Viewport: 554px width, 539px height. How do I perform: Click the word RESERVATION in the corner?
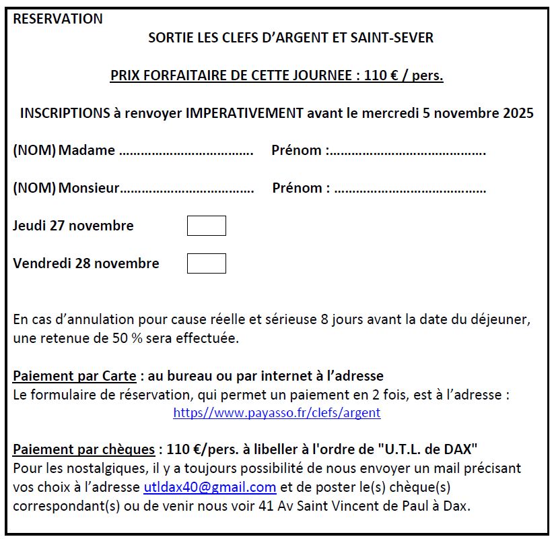(58, 19)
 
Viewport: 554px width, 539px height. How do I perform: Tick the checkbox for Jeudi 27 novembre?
(206, 226)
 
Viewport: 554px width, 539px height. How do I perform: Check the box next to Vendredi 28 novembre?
(206, 263)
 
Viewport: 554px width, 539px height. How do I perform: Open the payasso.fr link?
(277, 412)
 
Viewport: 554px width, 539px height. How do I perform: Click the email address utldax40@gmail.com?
(210, 487)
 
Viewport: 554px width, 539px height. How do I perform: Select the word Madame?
(87, 150)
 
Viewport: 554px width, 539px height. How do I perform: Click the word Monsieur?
(89, 188)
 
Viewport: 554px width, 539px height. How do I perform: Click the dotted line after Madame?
(186, 151)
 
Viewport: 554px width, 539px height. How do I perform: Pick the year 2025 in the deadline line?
(518, 113)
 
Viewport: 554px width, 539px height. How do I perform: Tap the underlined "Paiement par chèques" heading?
(83, 449)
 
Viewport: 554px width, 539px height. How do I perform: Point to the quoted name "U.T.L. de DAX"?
(426, 449)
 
